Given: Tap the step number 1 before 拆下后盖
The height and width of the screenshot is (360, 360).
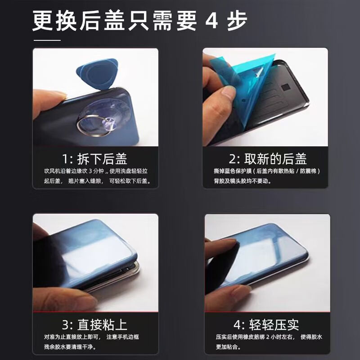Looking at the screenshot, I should [66, 159].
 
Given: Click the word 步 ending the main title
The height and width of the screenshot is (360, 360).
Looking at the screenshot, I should [238, 22].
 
